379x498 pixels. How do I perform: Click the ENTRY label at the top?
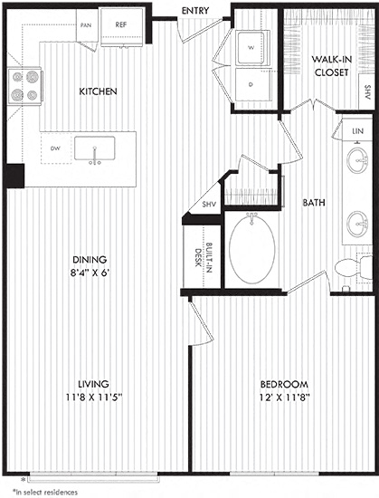point(195,11)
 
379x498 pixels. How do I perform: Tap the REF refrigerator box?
point(122,26)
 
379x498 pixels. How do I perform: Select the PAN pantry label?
point(86,25)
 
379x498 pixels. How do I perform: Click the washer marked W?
point(252,48)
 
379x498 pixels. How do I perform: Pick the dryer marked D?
point(252,85)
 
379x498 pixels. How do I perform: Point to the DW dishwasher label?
point(55,148)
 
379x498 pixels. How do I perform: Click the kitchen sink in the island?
point(94,148)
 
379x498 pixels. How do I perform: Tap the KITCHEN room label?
point(98,91)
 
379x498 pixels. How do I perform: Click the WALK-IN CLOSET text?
point(331,66)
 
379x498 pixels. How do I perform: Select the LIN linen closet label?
point(358,131)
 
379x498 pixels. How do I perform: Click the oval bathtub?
point(251,249)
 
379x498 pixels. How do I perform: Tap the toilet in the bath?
point(354,268)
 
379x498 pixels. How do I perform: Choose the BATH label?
point(314,203)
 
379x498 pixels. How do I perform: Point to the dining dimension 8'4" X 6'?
point(90,273)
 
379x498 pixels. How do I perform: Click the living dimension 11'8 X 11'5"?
point(94,397)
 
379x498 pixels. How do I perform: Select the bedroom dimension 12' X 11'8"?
point(285,397)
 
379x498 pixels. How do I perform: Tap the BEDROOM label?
point(284,384)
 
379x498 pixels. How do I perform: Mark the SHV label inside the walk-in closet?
point(368,92)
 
